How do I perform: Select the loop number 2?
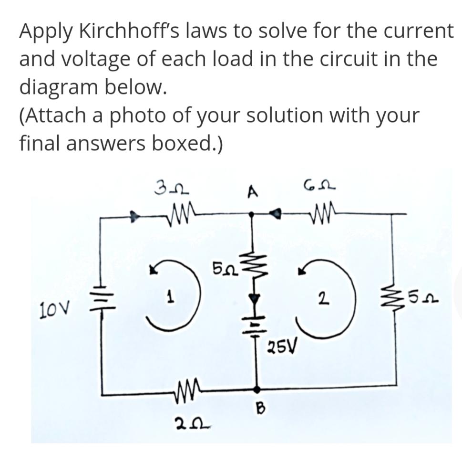[x=323, y=300]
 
